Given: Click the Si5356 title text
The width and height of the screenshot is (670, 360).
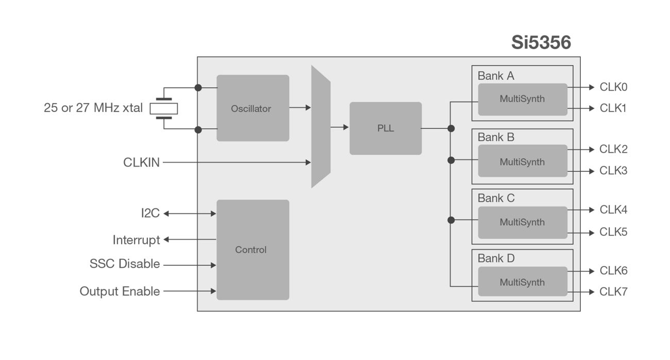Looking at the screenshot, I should click(x=541, y=42).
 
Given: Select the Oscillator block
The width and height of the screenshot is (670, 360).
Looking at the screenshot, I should click(x=253, y=108).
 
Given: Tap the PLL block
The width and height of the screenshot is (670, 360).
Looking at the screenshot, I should click(x=386, y=128).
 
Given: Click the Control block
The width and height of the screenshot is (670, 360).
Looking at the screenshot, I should click(x=253, y=250).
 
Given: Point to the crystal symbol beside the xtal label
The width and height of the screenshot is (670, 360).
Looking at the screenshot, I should click(x=164, y=108).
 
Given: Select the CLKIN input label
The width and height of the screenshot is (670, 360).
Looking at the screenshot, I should click(x=141, y=162).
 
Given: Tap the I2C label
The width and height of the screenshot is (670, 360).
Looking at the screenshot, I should click(x=150, y=213).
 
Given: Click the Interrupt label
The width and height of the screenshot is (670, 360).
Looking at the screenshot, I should click(x=136, y=240).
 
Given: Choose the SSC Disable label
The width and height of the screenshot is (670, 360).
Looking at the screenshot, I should click(x=124, y=264).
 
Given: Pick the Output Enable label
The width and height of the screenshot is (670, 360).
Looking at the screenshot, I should click(x=120, y=291).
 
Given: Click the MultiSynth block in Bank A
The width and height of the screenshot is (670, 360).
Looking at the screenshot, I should click(x=522, y=99).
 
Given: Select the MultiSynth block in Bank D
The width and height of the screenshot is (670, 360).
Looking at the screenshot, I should click(x=522, y=282).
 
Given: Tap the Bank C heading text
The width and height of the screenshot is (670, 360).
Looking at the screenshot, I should click(x=496, y=198).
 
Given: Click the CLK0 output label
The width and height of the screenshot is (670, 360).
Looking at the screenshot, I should click(x=613, y=87).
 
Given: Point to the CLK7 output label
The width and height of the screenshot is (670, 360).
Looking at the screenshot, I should click(x=613, y=291).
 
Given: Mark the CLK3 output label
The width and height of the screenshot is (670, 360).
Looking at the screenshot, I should click(x=613, y=171).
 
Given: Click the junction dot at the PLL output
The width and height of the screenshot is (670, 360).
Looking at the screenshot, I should click(x=451, y=128).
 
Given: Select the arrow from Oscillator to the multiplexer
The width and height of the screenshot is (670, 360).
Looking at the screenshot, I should click(x=300, y=108).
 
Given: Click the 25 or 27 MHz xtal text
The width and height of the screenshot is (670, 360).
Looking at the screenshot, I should click(x=93, y=108).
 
